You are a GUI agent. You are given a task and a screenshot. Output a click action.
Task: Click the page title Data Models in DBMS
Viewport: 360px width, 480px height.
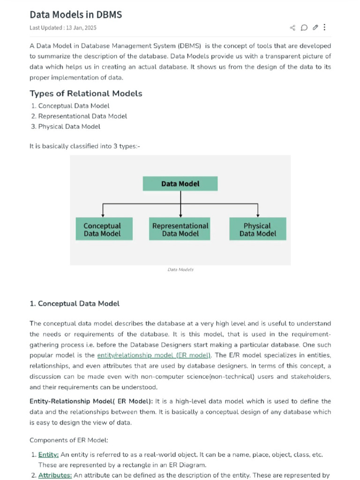pyautogui.click(x=75, y=15)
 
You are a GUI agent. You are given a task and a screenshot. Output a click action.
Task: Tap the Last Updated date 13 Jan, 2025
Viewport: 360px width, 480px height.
pyautogui.click(x=63, y=28)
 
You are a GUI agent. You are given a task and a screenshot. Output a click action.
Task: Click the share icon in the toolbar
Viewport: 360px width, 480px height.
pyautogui.click(x=293, y=28)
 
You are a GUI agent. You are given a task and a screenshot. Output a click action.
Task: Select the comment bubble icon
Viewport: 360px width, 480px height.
pyautogui.click(x=304, y=28)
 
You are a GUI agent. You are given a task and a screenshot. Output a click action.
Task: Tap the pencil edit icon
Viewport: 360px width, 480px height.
pyautogui.click(x=315, y=28)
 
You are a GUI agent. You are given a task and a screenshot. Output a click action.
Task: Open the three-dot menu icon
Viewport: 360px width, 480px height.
pyautogui.click(x=325, y=28)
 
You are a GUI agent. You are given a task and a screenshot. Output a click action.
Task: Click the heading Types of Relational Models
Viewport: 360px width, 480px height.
pyautogui.click(x=86, y=93)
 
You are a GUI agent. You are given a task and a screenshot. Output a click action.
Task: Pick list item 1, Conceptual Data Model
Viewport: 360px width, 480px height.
pyautogui.click(x=74, y=106)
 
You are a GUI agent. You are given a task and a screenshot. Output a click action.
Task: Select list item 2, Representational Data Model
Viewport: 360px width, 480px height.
pyautogui.click(x=82, y=116)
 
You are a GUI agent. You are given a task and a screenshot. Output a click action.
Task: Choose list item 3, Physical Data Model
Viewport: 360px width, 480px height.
pyautogui.click(x=69, y=127)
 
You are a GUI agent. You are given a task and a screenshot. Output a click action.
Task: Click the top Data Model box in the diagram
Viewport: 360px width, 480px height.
pyautogui.click(x=180, y=184)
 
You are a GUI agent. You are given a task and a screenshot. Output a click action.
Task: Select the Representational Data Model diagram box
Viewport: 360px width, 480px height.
pyautogui.click(x=180, y=229)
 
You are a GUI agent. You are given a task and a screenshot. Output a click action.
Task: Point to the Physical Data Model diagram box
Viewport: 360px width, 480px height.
pyautogui.click(x=257, y=229)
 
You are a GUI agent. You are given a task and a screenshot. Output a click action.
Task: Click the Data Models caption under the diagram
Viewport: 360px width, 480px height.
pyautogui.click(x=180, y=270)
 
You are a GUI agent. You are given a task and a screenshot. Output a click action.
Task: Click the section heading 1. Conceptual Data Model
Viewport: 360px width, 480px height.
pyautogui.click(x=75, y=304)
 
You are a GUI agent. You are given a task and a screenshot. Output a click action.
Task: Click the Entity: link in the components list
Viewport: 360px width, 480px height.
pyautogui.click(x=48, y=455)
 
